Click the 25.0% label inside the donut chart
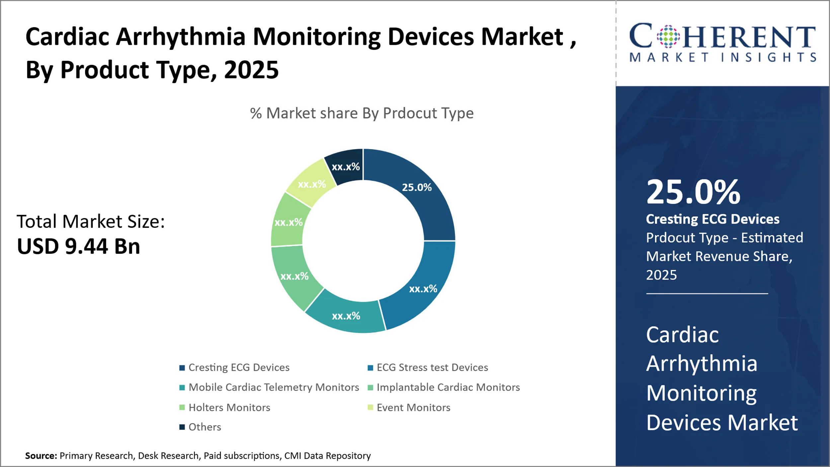click(417, 187)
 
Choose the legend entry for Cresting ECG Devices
click(239, 367)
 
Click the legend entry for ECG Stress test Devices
click(432, 367)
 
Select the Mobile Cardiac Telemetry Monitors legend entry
click(274, 387)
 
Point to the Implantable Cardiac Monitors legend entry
click(448, 387)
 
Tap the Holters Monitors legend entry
click(229, 408)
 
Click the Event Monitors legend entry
click(413, 408)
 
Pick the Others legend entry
click(205, 427)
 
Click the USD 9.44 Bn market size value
click(79, 246)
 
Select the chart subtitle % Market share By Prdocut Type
click(362, 113)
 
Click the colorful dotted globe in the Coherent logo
click(668, 36)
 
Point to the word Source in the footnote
click(41, 456)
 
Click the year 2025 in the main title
click(251, 70)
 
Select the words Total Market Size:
click(91, 221)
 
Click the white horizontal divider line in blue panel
click(707, 294)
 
